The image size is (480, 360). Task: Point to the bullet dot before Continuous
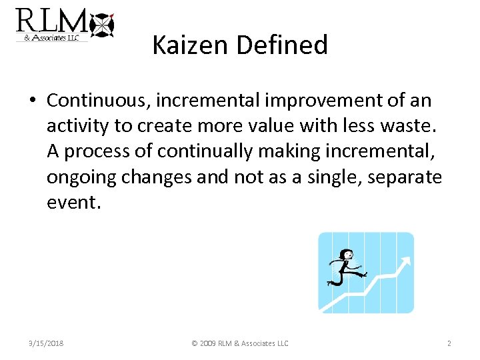click(32, 101)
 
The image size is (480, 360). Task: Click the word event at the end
click(72, 203)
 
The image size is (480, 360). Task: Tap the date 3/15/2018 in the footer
click(46, 343)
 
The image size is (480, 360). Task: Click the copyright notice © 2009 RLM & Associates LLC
click(239, 343)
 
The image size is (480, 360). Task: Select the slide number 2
click(449, 343)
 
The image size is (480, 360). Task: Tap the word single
click(333, 177)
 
